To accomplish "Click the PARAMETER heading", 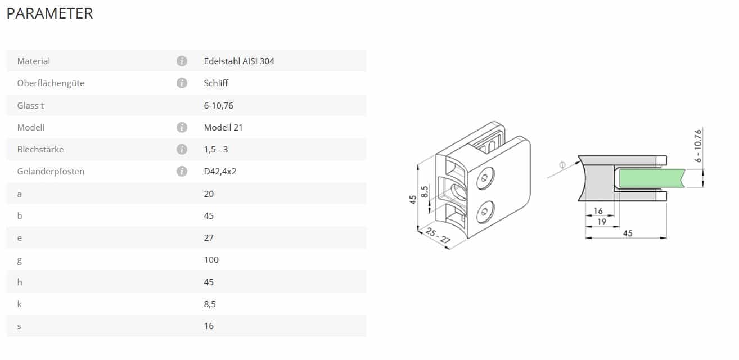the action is point(50,13).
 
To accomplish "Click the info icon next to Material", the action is point(182,61).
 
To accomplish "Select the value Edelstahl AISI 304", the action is point(239,61).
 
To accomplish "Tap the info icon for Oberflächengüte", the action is point(182,83).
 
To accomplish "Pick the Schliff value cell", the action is point(216,83).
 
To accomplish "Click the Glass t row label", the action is point(30,106).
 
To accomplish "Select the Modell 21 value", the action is point(223,127).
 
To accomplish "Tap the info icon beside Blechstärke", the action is point(182,149).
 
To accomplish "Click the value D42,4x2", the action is point(220,171).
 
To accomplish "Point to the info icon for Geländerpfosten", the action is point(182,171).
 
